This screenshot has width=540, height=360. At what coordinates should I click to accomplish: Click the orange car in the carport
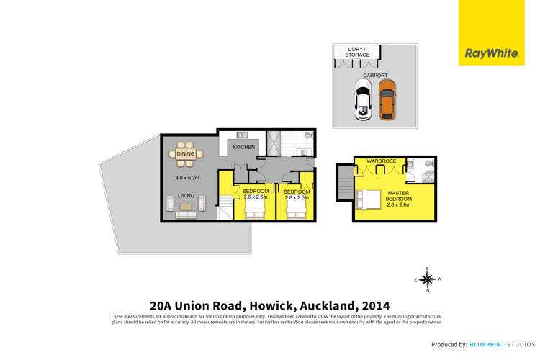387,100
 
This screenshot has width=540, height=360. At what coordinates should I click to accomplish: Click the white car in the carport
363,100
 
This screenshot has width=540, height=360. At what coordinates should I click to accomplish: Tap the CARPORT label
374,75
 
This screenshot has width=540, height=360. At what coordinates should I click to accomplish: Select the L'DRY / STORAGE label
359,51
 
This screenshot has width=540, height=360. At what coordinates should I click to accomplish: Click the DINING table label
185,153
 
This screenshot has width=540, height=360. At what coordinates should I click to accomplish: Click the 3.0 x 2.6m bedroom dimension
256,197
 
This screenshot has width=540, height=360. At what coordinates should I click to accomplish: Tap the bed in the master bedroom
369,199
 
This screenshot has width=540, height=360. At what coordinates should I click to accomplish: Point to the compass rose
427,279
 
